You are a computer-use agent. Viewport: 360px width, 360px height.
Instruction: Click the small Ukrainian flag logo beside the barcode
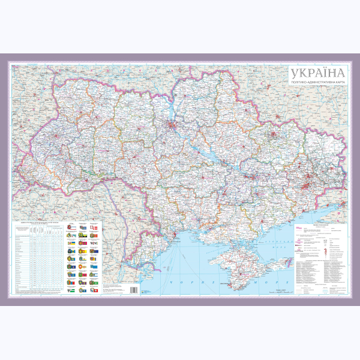tap(144, 290)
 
